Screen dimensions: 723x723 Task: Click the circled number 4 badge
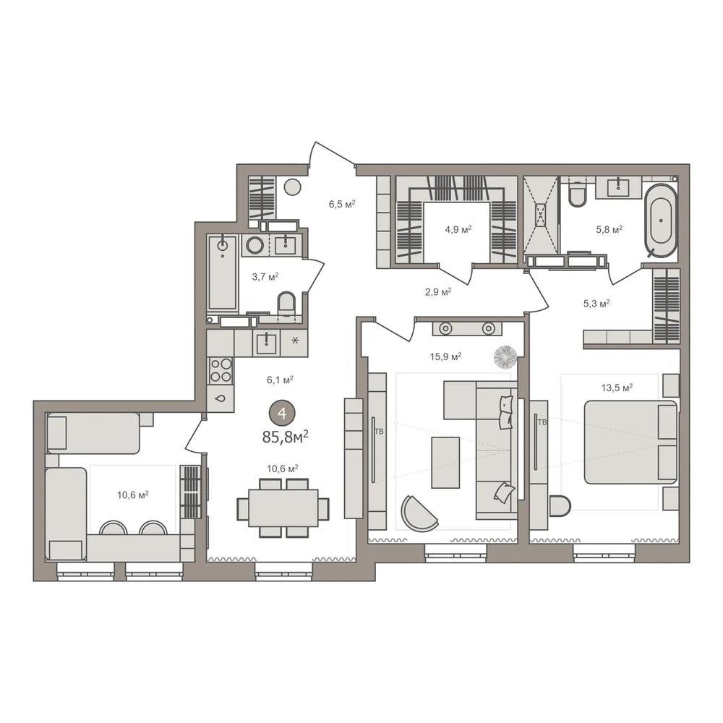tap(282, 414)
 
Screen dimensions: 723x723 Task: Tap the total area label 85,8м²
tap(285, 437)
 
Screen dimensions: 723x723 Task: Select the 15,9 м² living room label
tap(446, 356)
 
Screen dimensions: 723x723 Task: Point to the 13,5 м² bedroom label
tap(617, 388)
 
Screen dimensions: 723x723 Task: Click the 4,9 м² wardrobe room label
tap(458, 229)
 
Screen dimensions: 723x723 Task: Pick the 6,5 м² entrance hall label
tap(342, 204)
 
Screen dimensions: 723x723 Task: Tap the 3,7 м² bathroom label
tap(265, 277)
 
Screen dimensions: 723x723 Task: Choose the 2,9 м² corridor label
tap(438, 292)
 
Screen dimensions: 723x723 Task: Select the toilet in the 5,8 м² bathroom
tap(577, 194)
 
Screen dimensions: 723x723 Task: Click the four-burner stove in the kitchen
tap(221, 371)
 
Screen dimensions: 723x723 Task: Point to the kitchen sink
tap(265, 343)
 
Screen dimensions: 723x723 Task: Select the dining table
tap(283, 508)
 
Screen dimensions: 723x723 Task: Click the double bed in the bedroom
tap(630, 442)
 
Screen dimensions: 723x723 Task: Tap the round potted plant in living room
tap(505, 357)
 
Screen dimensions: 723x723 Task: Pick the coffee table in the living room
tap(445, 463)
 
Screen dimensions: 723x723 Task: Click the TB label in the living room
tap(379, 432)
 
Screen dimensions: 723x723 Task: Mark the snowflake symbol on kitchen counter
tap(295, 341)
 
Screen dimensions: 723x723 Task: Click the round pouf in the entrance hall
tap(292, 187)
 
